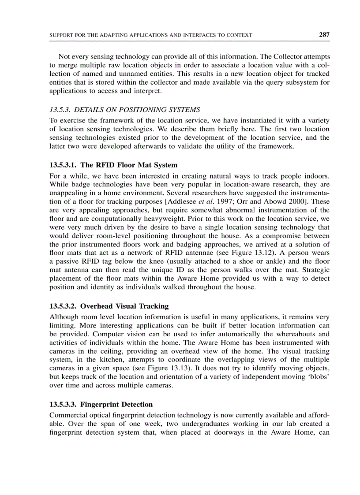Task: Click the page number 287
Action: click(324, 34)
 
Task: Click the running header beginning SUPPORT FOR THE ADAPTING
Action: click(150, 35)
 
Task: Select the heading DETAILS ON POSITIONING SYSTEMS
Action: click(125, 110)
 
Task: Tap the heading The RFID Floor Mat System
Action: click(113, 165)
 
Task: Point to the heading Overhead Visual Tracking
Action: click(109, 306)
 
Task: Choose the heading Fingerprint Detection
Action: click(101, 404)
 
